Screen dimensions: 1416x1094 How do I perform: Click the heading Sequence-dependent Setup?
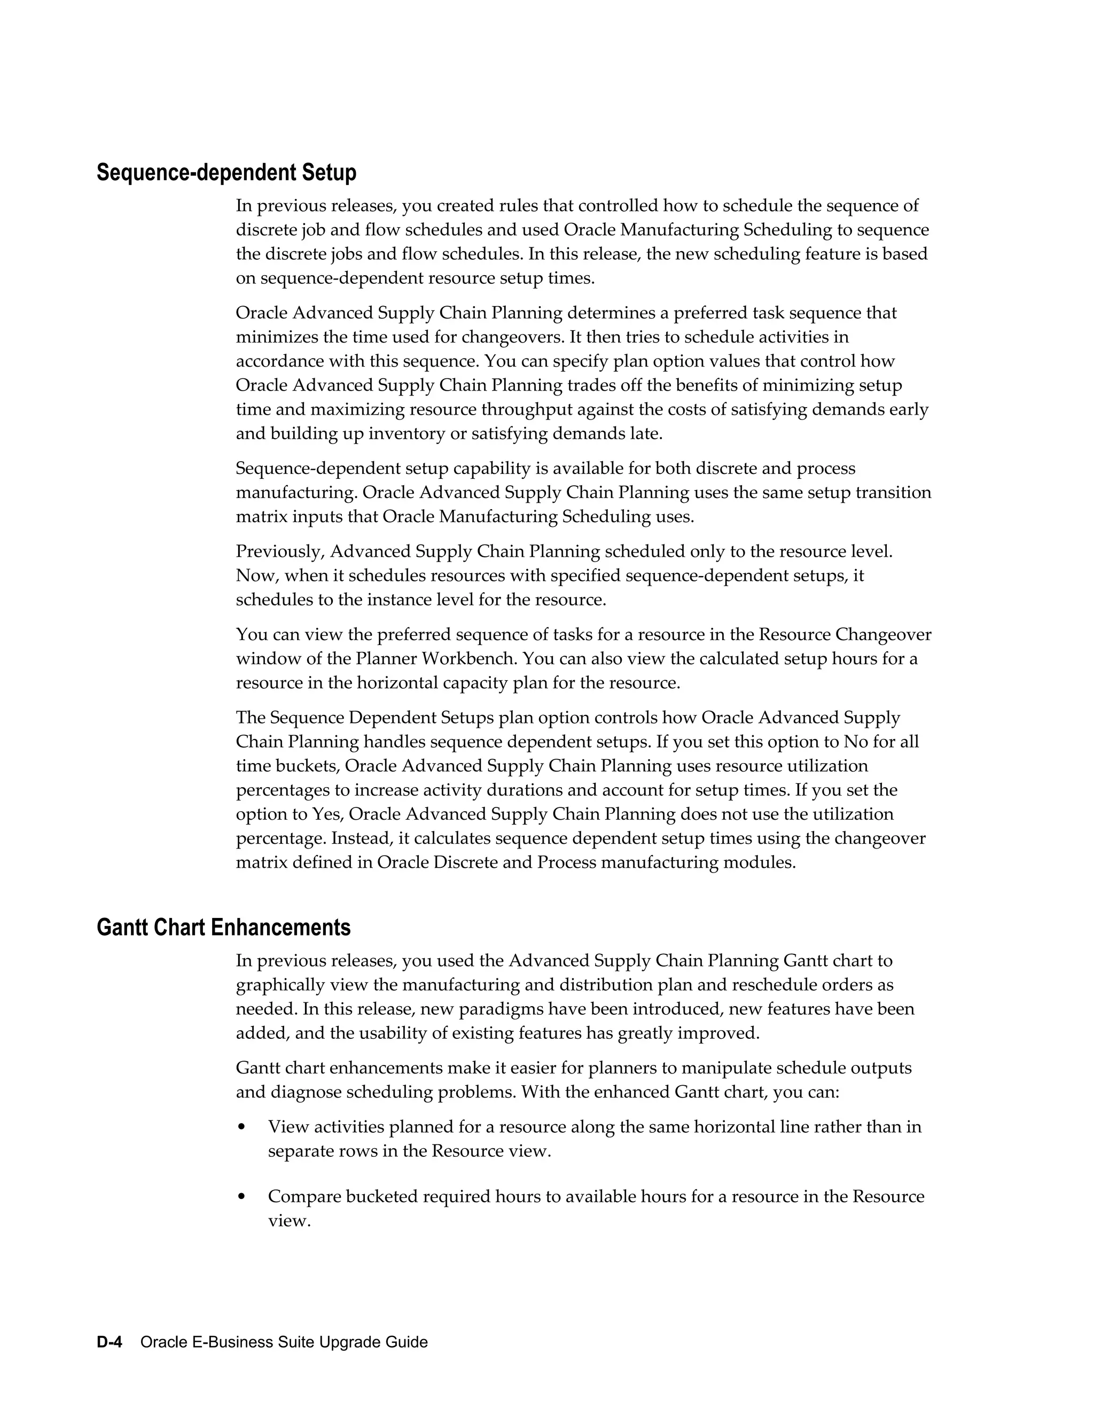click(226, 173)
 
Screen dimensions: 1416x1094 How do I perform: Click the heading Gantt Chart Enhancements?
click(224, 927)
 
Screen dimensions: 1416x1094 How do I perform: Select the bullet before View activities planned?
click(242, 1127)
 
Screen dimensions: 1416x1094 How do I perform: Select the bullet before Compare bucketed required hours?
click(242, 1197)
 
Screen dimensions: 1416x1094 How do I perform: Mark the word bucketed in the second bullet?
click(382, 1197)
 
